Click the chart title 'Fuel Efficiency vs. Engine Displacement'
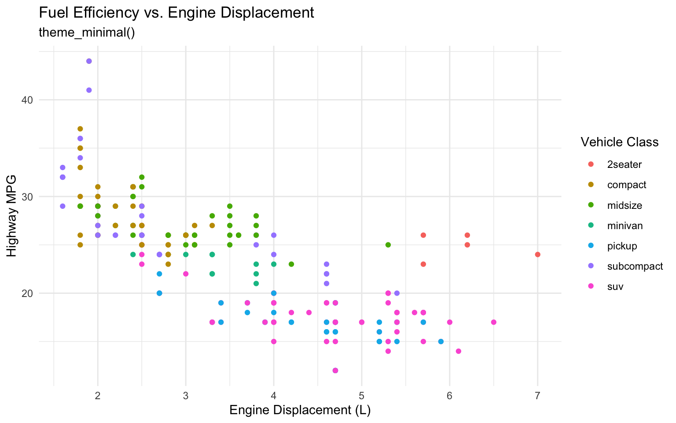176,13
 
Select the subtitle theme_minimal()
86,33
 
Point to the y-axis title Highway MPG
12,216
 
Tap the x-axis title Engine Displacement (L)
300,410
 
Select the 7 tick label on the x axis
537,395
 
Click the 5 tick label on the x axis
362,395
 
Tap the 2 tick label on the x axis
98,395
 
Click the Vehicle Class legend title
619,142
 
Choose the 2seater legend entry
624,165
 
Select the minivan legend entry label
625,226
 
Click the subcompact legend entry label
635,267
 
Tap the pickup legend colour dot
591,246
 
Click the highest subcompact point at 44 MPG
89,61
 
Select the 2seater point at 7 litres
537,255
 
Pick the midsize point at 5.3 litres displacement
388,245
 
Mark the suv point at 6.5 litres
493,322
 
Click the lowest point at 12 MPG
335,371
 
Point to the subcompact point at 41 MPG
89,90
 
